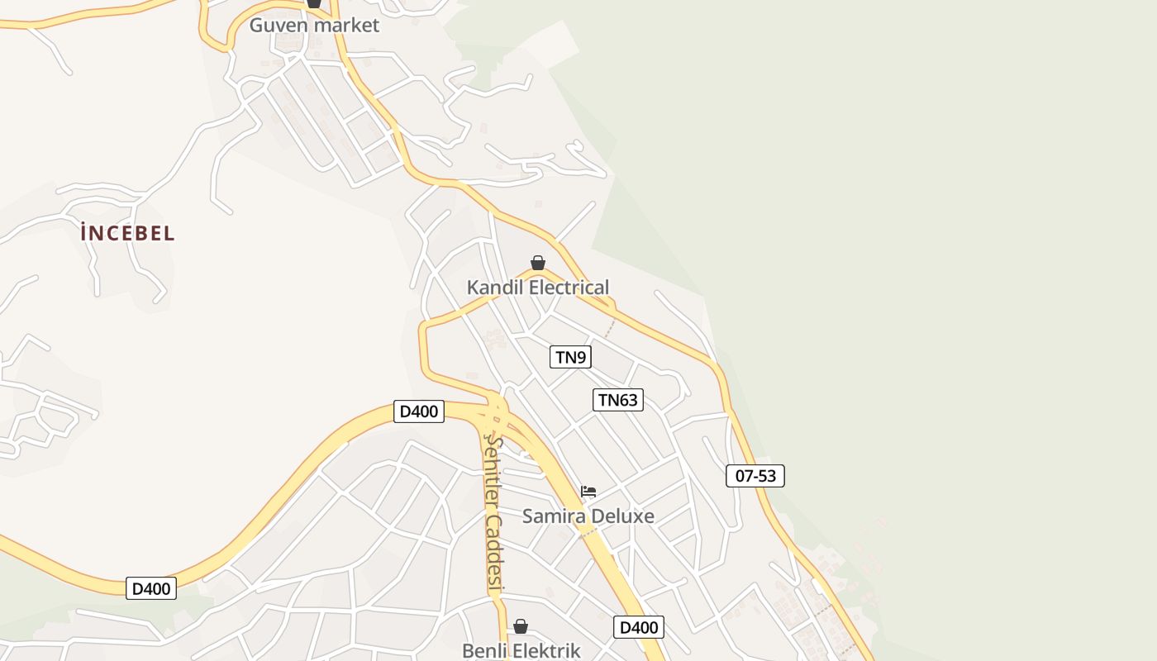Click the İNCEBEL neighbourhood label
(128, 233)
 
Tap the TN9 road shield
(570, 357)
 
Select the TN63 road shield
(617, 400)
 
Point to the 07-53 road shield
(755, 476)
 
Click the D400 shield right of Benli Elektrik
(638, 627)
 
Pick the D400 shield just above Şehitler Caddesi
(419, 411)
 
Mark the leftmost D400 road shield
(151, 588)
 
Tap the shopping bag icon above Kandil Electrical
(538, 263)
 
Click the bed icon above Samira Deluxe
(588, 491)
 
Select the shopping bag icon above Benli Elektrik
(521, 626)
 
